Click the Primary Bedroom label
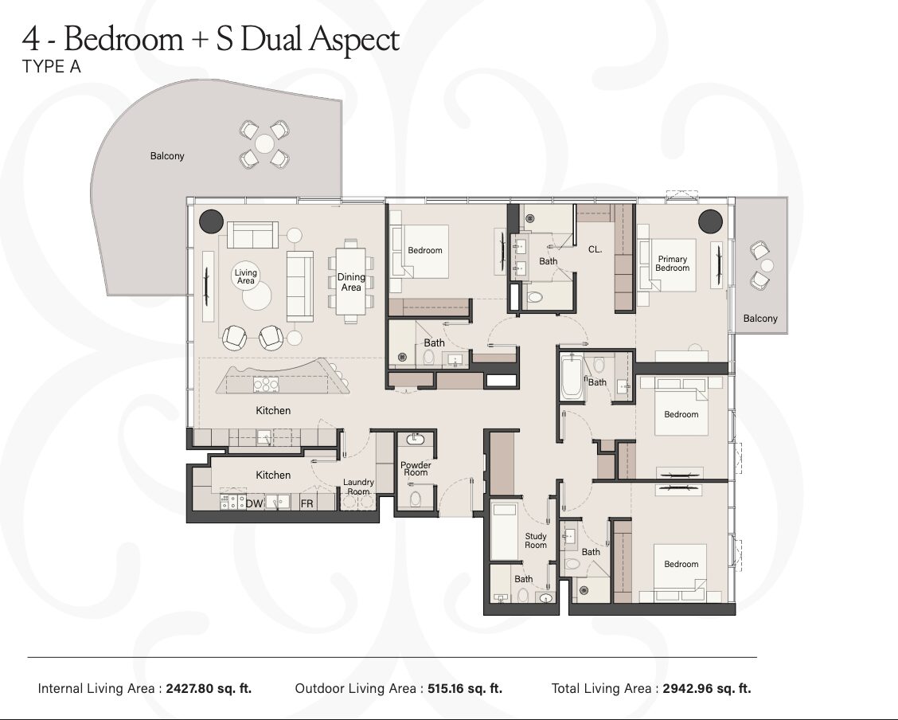pos(673,264)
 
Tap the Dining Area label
pos(351,283)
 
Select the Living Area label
pos(246,276)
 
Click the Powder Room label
pos(416,469)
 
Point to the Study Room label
pos(536,541)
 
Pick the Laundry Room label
pos(358,487)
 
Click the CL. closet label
pos(595,250)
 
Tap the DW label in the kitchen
pos(254,504)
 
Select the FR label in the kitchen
pos(307,504)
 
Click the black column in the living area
pos(211,221)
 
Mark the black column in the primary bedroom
pos(710,221)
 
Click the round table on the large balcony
pos(264,144)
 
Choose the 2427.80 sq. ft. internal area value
pos(209,688)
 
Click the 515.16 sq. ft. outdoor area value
pos(465,688)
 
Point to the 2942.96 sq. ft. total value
pos(707,688)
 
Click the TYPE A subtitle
pos(52,67)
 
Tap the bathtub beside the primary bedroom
pos(572,377)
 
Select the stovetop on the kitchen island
pos(267,385)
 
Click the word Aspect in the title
pos(354,40)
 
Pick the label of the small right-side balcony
pos(760,319)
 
